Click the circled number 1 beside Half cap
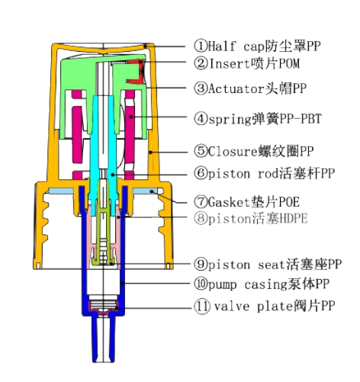pos(201,46)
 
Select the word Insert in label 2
pos(230,63)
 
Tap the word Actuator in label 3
pos(236,88)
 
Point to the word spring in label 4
pos(230,120)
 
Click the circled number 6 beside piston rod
pos(201,173)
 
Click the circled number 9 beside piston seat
pos(201,264)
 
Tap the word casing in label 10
pos(265,284)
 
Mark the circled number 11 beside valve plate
pos(202,306)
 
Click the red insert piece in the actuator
pos(137,72)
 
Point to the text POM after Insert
pos(289,63)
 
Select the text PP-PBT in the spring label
pos(301,119)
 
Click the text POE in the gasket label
pos(289,202)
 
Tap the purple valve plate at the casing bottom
pos(104,307)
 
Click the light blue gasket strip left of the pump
pos(61,191)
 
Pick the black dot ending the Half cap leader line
pos(146,47)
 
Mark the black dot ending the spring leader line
pos(130,117)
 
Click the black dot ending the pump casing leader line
pos(123,283)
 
